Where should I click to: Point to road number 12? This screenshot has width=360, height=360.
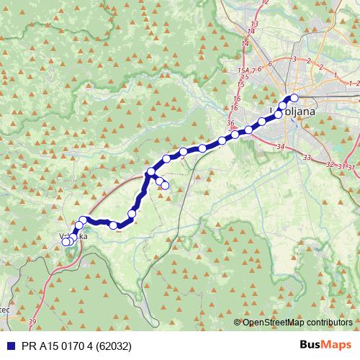265,3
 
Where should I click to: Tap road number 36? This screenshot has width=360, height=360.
230,123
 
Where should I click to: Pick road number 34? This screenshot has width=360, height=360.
280,147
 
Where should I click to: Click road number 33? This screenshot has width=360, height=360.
307,157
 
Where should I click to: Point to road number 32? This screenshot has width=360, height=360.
330,165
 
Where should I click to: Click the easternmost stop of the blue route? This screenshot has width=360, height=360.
294,98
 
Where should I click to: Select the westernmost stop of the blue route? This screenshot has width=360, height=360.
66,242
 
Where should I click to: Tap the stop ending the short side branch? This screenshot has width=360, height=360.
165,186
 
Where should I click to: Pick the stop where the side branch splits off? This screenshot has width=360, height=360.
150,172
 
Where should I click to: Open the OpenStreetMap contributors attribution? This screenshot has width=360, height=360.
297,323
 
